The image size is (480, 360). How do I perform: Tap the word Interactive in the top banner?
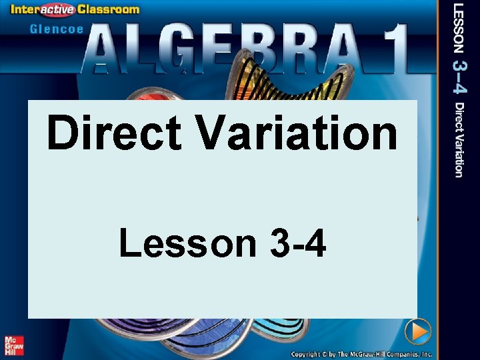coord(56,9)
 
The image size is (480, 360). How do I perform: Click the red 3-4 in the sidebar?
coord(461,77)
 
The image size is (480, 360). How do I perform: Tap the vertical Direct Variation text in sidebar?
coord(459,139)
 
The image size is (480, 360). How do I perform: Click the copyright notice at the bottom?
coord(361,354)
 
